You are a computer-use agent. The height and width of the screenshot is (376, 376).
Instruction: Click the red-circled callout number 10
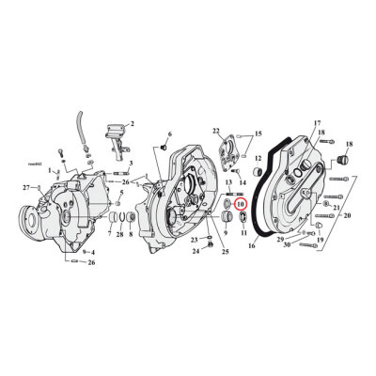click(240, 204)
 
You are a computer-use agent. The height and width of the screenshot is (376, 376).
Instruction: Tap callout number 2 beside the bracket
click(133, 124)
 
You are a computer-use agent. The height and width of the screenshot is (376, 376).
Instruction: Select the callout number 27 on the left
click(25, 188)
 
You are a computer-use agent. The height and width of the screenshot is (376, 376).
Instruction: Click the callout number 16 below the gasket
click(252, 246)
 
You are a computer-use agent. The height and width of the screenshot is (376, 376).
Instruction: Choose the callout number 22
click(215, 130)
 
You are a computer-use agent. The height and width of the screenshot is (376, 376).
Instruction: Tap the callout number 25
click(226, 252)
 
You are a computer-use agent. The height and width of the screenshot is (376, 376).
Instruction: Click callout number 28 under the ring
click(119, 234)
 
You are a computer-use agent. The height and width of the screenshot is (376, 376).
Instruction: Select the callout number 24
click(196, 251)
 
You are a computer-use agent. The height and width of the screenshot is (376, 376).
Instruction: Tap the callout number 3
click(132, 163)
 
